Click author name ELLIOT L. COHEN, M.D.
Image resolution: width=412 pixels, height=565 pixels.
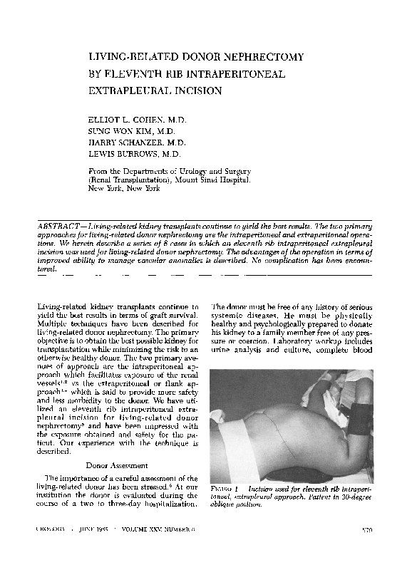[136, 120]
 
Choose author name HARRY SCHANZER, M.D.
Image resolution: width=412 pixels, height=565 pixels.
[135, 142]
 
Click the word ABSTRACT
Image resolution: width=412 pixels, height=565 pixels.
[60, 224]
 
